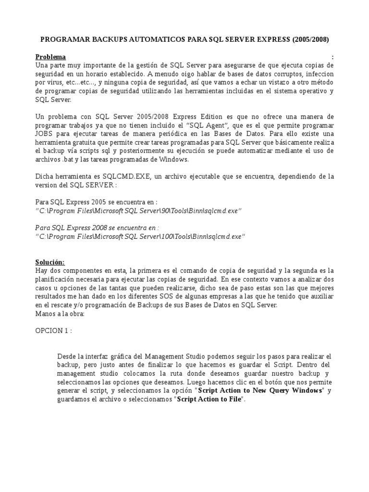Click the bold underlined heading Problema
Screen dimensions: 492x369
51,57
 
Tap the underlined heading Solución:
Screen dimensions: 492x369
50,262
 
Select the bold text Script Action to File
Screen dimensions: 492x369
210,399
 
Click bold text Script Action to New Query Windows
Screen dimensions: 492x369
260,390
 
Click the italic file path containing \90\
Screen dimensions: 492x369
138,211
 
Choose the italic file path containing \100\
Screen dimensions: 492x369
140,236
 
